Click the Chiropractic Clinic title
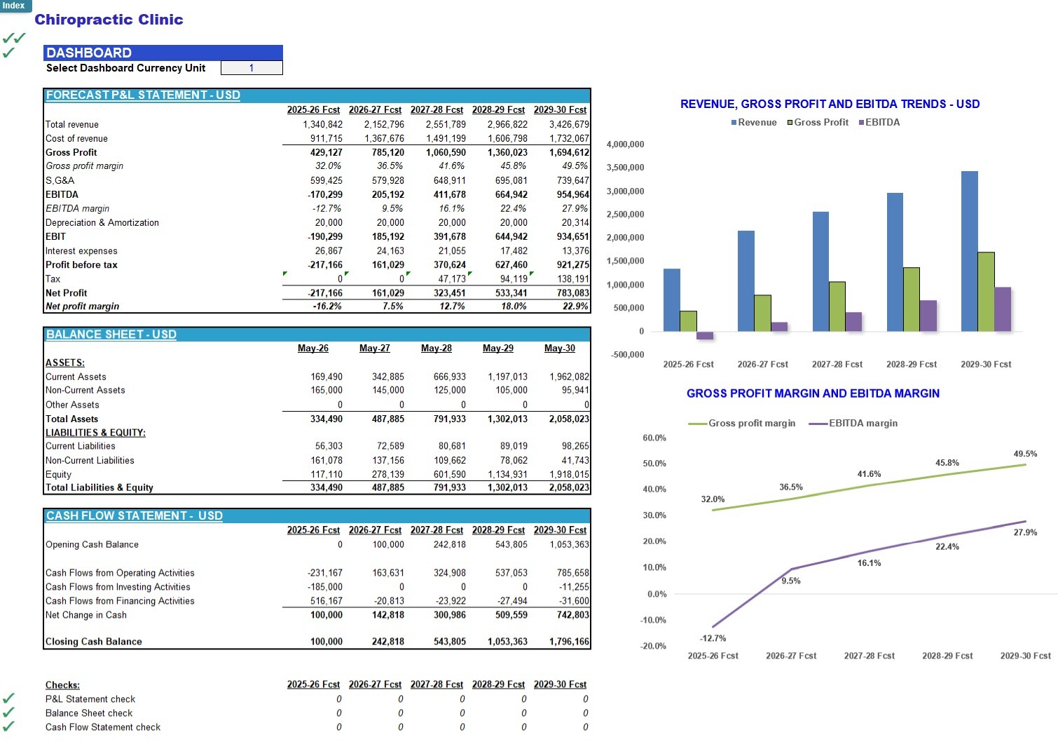pos(109,20)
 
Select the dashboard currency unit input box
pos(252,67)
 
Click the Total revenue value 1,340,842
pos(322,124)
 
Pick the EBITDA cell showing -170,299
pos(325,194)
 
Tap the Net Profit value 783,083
pos(573,292)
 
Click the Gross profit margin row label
pos(84,166)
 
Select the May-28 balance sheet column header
pos(437,348)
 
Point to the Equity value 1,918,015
pos(569,474)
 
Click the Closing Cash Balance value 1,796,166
pos(569,641)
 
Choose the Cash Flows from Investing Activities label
pos(118,587)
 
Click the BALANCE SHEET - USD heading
pos(111,335)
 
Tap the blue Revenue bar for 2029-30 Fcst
pos(969,251)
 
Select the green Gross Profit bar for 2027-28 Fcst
pos(837,306)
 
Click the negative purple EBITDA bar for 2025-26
pos(705,335)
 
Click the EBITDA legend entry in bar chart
pos(879,123)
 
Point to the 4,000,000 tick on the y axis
pos(625,144)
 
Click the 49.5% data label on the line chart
pos(1025,454)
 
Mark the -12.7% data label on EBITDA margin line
pos(713,638)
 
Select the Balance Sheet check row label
pos(89,713)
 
